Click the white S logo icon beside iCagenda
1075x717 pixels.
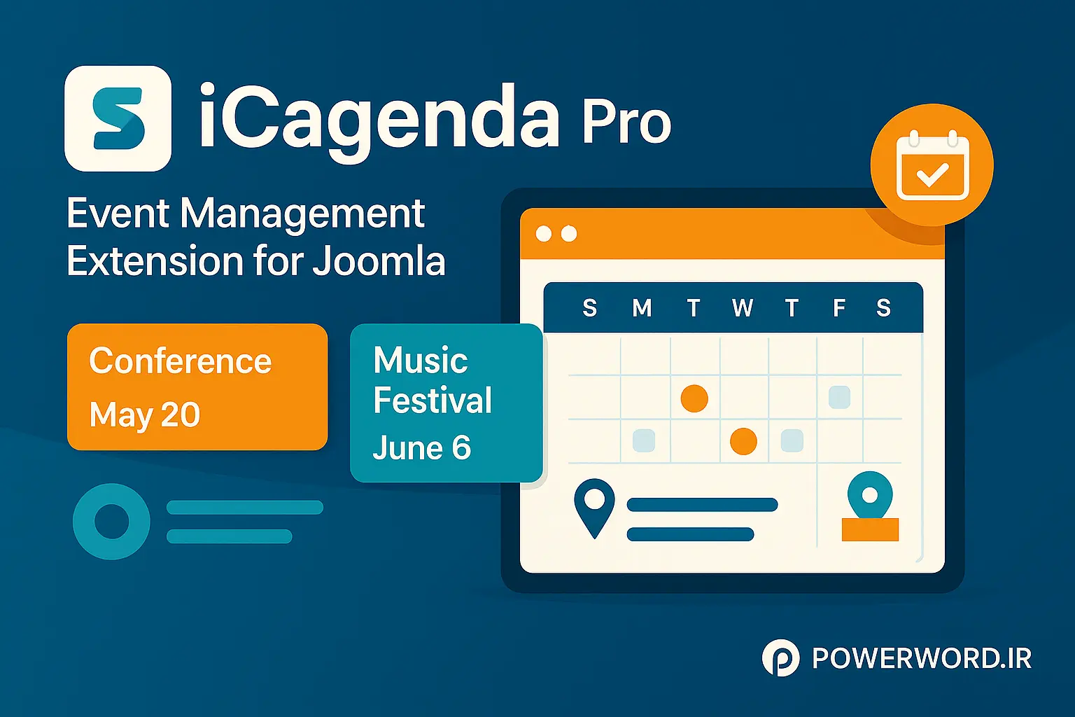[118, 118]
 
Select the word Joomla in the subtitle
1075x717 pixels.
[379, 261]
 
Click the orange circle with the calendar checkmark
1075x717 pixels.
[932, 165]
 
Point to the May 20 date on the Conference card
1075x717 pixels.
[145, 415]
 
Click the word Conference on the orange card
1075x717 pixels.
[180, 362]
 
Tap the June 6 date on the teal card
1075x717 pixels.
[421, 448]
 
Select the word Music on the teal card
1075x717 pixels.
[421, 361]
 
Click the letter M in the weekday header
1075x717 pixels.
[642, 308]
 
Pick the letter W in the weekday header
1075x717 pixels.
[743, 308]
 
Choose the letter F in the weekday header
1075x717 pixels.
[839, 308]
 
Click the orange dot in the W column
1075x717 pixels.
[743, 441]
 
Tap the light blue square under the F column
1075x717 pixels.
[839, 397]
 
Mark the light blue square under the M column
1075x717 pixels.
[643, 440]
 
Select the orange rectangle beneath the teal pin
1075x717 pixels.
[870, 529]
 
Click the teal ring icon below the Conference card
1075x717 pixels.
[112, 522]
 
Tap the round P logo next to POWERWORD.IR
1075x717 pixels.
[780, 658]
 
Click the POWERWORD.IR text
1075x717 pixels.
[922, 659]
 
